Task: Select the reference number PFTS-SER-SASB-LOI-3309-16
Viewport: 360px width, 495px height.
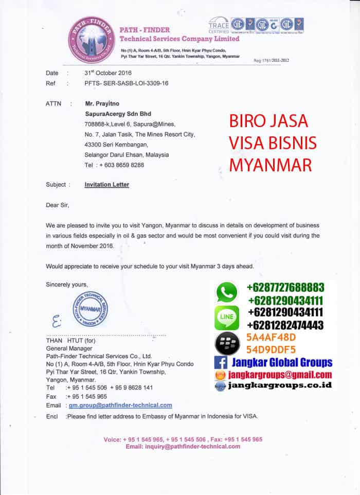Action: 127,83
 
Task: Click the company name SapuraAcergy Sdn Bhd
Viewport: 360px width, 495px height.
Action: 118,114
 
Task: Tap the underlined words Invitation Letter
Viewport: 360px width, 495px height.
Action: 107,184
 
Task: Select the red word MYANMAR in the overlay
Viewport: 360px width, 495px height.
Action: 271,165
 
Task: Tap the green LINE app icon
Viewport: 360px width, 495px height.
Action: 227,317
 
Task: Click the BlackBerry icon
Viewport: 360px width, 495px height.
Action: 227,343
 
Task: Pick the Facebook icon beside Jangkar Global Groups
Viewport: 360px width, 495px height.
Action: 221,363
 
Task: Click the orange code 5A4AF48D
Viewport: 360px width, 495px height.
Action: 271,338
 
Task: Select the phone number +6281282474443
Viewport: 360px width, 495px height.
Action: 285,325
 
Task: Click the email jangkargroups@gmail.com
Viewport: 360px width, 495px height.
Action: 280,375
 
